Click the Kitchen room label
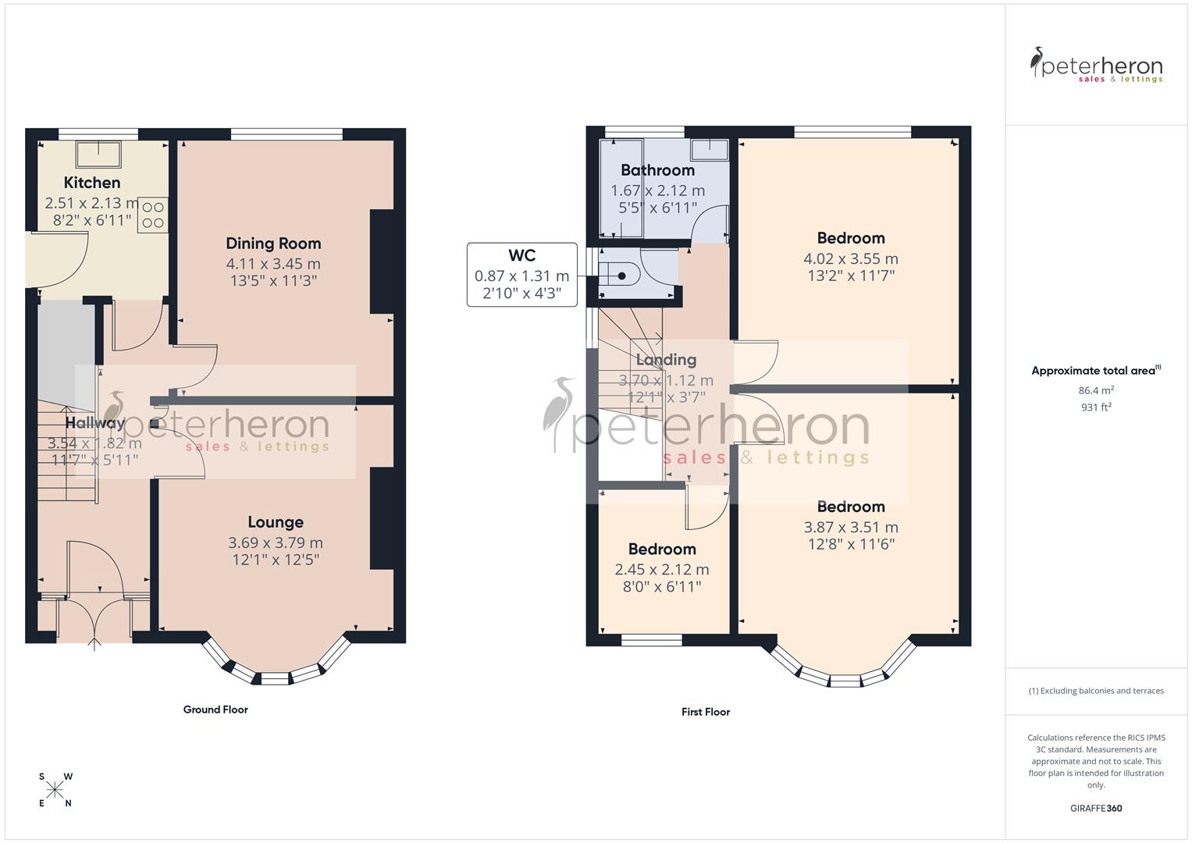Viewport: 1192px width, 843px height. pos(92,183)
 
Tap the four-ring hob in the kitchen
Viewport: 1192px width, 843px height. pos(152,215)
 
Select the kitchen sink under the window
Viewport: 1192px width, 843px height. pos(98,154)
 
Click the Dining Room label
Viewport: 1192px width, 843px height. pos(273,244)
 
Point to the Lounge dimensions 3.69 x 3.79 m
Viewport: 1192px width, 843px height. pos(276,542)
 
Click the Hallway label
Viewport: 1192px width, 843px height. pos(95,423)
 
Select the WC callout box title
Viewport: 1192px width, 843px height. pos(521,256)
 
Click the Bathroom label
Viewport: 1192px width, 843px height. pos(657,170)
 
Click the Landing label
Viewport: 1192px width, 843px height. pos(666,360)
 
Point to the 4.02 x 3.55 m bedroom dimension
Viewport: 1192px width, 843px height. pos(851,258)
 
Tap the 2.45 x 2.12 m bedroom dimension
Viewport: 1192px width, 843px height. pos(662,570)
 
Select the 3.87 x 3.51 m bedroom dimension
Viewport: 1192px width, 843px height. pos(851,527)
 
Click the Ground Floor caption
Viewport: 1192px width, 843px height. pos(215,710)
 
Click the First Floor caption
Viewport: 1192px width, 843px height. pos(706,712)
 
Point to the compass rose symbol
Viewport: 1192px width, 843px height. pos(55,790)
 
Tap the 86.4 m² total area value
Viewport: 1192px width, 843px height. pos(1096,390)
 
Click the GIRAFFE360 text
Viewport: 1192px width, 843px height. pos(1096,809)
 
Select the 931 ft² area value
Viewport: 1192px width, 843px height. pos(1096,407)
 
